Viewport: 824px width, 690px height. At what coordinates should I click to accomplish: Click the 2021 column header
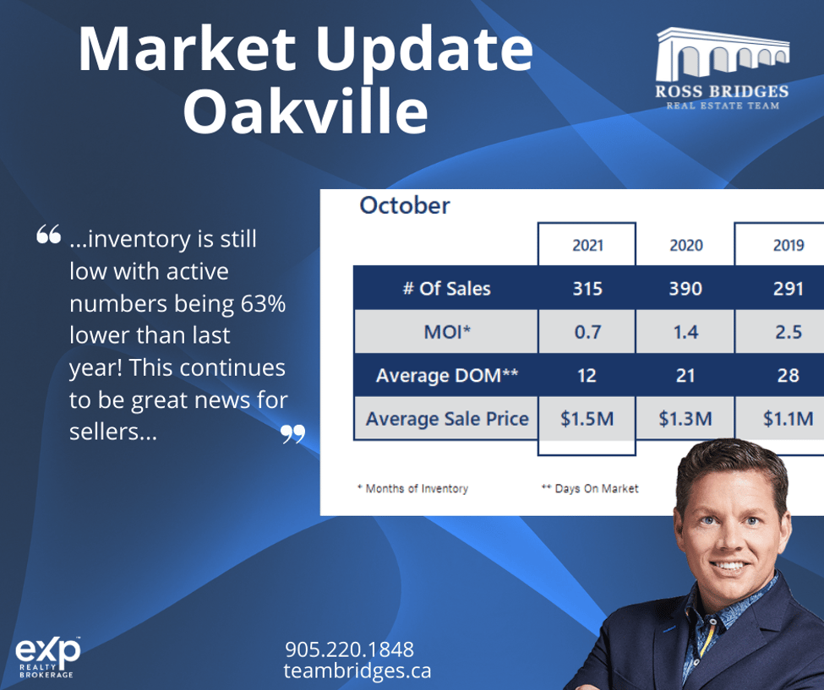pos(587,245)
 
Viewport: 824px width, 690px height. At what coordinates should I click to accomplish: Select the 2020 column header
pos(685,245)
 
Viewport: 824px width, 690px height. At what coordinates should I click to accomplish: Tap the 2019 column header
pos(789,245)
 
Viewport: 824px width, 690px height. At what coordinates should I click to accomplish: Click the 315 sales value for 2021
pos(587,288)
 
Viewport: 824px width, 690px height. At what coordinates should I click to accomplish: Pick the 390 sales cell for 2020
pos(685,288)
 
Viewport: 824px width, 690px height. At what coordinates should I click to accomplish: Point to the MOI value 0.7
pos(587,332)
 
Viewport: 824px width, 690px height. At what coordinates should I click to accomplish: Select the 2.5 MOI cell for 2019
pos(789,332)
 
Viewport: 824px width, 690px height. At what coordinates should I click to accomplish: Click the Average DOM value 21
pos(685,376)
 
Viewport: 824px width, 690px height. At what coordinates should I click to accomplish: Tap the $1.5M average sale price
pos(587,419)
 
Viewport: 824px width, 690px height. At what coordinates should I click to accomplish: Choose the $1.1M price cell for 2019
pos(789,419)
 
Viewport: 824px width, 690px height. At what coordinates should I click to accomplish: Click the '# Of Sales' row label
pos(447,288)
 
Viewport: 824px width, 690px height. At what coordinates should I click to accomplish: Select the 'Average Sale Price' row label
pos(447,419)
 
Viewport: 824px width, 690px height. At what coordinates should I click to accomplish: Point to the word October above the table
pos(405,205)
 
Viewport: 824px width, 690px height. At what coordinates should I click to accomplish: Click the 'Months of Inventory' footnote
pos(413,488)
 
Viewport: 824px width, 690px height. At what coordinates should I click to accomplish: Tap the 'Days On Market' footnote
pos(590,488)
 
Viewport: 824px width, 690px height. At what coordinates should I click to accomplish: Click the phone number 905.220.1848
pos(350,649)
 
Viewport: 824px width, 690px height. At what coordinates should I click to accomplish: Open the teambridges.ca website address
pos(357,671)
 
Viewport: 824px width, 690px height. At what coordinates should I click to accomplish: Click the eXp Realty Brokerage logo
pos(47,657)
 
